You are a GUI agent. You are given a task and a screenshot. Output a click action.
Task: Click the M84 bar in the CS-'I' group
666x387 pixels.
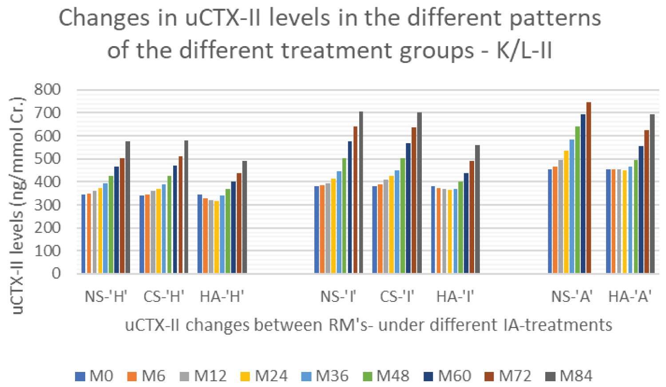coord(419,192)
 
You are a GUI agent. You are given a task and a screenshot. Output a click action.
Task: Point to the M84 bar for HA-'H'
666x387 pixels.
coord(245,217)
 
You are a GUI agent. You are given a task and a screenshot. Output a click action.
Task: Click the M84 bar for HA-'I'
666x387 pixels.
coord(477,209)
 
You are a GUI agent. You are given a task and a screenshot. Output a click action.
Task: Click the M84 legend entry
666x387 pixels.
coord(569,376)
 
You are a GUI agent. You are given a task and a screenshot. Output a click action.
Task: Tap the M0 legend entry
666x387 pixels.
coord(94,376)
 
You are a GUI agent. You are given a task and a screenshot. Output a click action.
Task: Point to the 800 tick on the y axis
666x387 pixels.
coord(48,90)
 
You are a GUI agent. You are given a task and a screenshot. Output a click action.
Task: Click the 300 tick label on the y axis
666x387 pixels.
coord(48,205)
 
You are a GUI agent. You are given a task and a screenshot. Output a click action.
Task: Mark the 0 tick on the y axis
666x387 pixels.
coord(56,273)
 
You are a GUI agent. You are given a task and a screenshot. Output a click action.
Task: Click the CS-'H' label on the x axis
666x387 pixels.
coord(164,297)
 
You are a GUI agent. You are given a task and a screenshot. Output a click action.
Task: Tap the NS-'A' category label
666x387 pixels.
coord(571,297)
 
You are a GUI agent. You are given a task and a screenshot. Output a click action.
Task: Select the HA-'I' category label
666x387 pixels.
coord(455,297)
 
